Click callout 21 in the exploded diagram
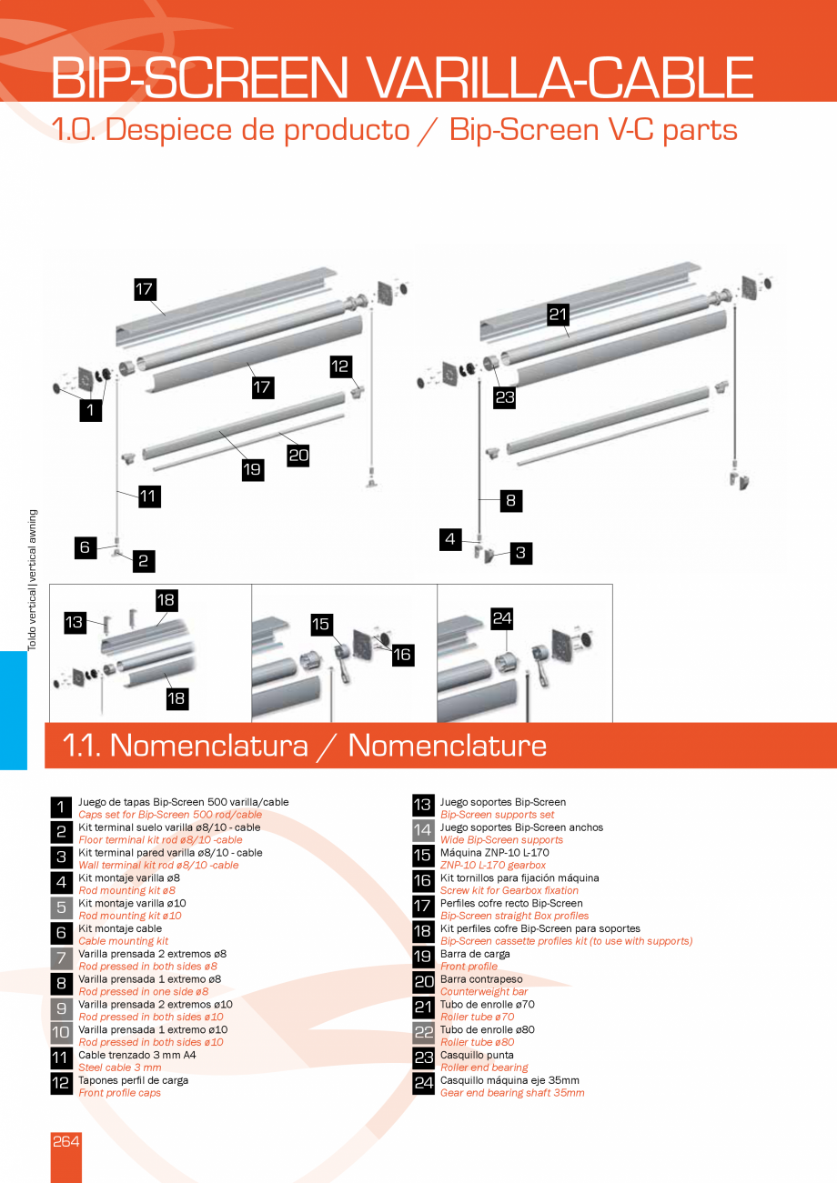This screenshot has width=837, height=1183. point(558,315)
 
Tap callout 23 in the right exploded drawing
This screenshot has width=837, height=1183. point(505,396)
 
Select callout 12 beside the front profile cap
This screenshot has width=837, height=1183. point(340,366)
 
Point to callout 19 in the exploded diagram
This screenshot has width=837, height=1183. point(252,469)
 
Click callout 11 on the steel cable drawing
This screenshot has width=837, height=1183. point(148,496)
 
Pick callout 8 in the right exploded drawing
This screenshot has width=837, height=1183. point(510,499)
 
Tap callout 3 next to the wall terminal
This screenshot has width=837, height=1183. point(520,552)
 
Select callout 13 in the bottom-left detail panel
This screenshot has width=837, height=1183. point(75,622)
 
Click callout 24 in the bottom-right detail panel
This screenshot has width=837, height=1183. point(503,618)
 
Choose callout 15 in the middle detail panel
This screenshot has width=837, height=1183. point(321,624)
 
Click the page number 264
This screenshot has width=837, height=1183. point(66,1141)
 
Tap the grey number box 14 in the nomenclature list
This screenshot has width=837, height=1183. point(423,829)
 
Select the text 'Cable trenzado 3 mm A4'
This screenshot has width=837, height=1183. point(137,1055)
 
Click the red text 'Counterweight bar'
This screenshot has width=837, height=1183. point(483,991)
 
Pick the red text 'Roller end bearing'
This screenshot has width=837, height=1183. point(484,1068)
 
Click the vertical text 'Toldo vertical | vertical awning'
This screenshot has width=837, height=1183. point(32,579)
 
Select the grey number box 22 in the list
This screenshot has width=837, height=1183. point(423,1032)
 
